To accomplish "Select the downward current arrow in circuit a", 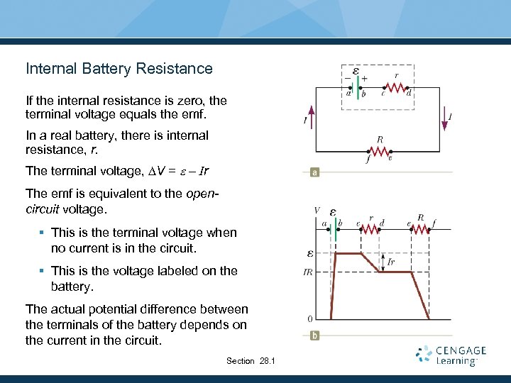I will pos(445,119).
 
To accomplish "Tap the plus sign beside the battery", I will pos(364,78).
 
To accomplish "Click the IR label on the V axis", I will pos(308,272).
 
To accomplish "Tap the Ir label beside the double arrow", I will pos(391,262).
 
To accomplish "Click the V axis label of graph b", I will pos(317,211).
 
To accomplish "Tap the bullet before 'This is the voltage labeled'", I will pos(43,271).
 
